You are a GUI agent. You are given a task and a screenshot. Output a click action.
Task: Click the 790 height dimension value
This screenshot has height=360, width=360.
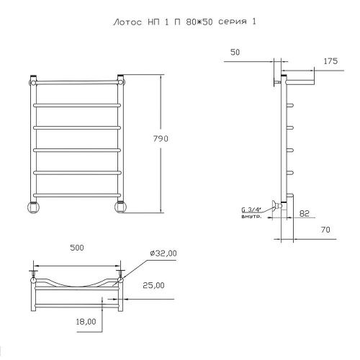tap(161, 139)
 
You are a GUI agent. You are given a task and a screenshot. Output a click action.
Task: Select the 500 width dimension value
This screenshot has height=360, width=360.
tap(77, 248)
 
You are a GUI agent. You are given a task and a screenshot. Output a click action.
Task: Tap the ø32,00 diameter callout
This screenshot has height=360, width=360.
tap(163, 253)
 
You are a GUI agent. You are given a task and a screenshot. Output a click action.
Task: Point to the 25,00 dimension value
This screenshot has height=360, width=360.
tap(153, 285)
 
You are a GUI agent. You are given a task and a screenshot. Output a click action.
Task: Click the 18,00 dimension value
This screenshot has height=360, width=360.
tap(86, 322)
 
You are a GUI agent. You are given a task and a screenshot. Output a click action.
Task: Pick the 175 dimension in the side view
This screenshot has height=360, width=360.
tap(330, 61)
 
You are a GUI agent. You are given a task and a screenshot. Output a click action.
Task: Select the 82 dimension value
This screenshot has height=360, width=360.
tap(305, 213)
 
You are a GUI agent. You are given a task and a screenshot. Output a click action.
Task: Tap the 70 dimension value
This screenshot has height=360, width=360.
tap(325, 230)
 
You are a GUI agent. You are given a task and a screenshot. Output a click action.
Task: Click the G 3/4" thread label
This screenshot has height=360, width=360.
tap(251, 210)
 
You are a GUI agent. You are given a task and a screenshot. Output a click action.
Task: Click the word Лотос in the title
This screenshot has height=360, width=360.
tap(127, 22)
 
